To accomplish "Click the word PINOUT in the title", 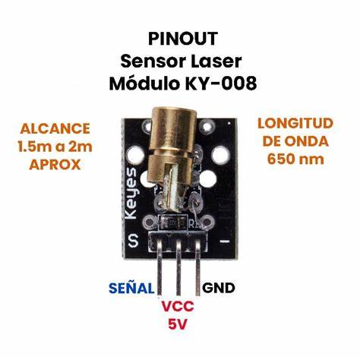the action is (183, 39).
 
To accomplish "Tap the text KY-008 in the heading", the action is (221, 84).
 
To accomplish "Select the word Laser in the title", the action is (216, 62).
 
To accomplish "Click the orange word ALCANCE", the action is (55, 128).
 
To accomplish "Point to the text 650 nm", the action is (295, 159).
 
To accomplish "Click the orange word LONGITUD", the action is (295, 124).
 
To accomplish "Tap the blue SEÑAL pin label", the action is (131, 288).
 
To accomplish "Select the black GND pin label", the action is (219, 288).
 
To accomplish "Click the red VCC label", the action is (178, 306).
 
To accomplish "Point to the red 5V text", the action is (178, 324).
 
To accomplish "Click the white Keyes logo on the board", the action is (131, 194).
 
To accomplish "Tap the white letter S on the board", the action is (133, 241).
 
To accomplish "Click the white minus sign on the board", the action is (224, 241).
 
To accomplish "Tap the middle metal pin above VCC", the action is (178, 267).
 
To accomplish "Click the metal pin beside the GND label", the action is (197, 267).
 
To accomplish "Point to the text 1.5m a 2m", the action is (55, 147).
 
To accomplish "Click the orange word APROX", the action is (55, 165).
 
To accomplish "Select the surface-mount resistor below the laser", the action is (172, 223).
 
